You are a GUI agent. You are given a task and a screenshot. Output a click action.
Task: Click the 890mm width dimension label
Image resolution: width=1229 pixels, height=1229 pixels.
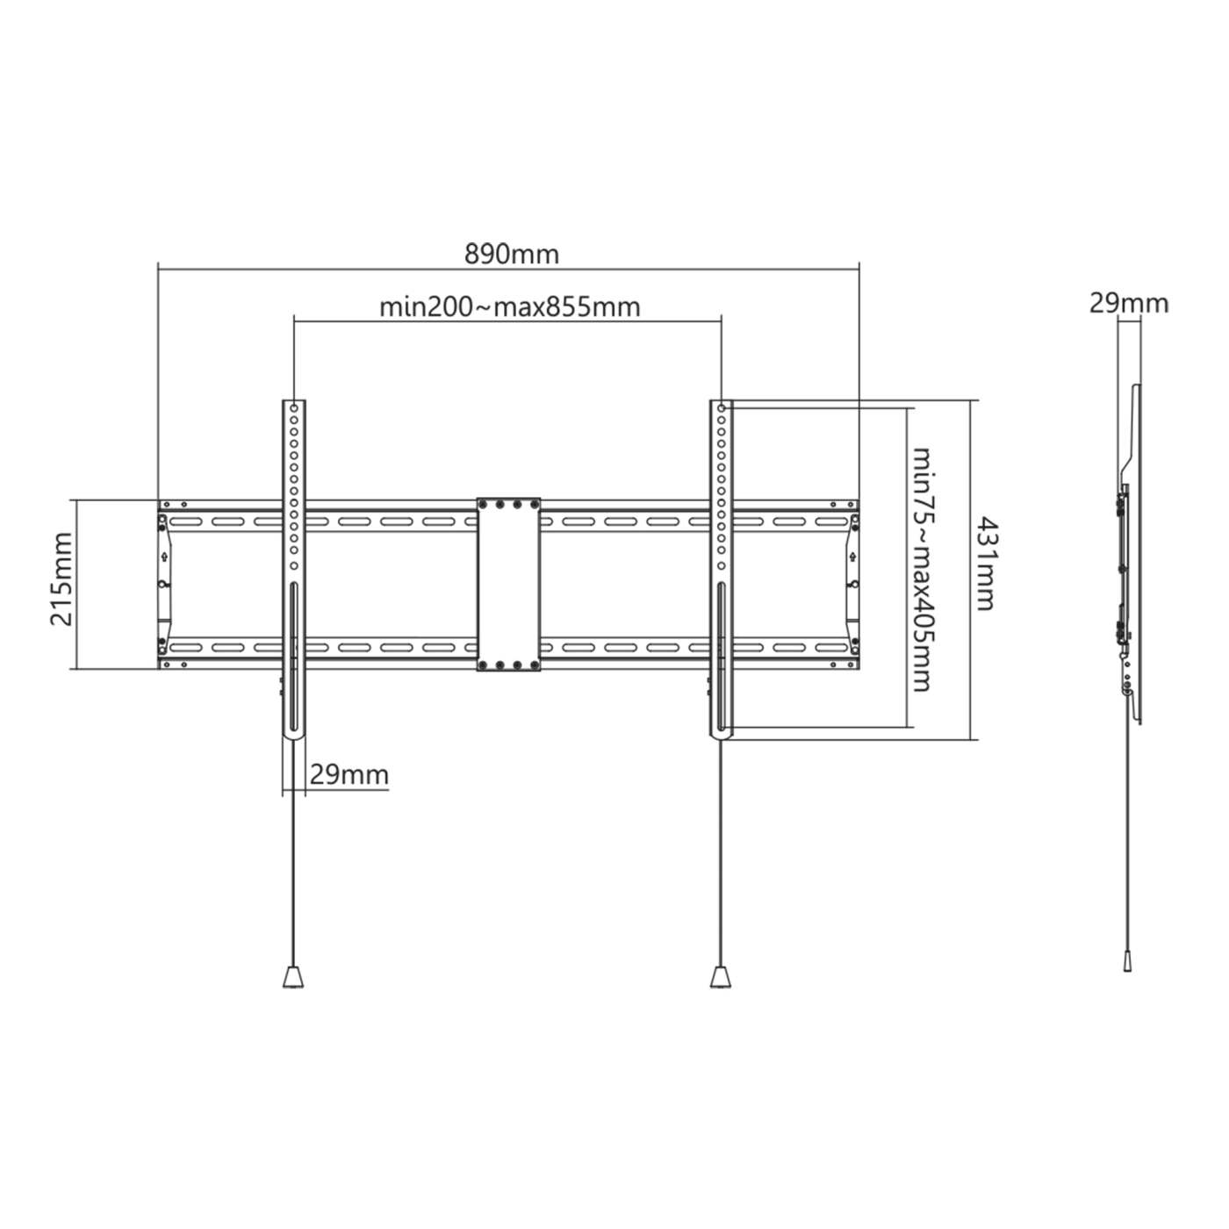pos(511,255)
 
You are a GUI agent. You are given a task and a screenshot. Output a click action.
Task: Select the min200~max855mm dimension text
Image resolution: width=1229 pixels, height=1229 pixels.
pos(509,307)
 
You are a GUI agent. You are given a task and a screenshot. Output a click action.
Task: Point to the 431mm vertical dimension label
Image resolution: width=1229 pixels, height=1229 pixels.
pos(985,563)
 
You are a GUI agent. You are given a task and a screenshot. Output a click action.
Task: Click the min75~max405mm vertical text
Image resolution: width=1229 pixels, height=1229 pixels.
pos(922,569)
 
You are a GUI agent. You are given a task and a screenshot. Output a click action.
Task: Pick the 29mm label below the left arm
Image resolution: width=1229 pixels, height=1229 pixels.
pos(349,775)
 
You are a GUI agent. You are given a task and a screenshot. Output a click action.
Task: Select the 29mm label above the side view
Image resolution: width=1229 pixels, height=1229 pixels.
pos(1129,304)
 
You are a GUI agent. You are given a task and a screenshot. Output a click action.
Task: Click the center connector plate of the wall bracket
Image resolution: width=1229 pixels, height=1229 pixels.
pos(508,585)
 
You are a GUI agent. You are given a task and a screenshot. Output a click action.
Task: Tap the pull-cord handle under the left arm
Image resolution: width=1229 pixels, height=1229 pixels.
pos(294,976)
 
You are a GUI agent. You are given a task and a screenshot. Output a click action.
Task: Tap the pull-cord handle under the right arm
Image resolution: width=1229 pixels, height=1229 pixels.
pos(720,976)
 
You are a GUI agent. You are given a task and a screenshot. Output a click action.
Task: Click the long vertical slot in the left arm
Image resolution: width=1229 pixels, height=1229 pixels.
pos(294,658)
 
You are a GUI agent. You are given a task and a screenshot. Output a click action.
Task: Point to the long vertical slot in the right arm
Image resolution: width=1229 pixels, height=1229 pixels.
pos(720,658)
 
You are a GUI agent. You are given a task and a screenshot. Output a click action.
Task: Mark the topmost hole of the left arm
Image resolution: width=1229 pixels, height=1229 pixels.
pos(294,409)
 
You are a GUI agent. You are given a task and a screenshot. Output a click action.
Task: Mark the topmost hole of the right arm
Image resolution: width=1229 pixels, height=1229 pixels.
pos(720,409)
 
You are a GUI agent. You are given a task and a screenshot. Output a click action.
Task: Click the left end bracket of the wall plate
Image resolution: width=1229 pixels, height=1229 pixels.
pos(165,585)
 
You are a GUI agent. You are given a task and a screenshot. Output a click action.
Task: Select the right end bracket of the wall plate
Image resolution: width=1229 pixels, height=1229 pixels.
pos(852,585)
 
